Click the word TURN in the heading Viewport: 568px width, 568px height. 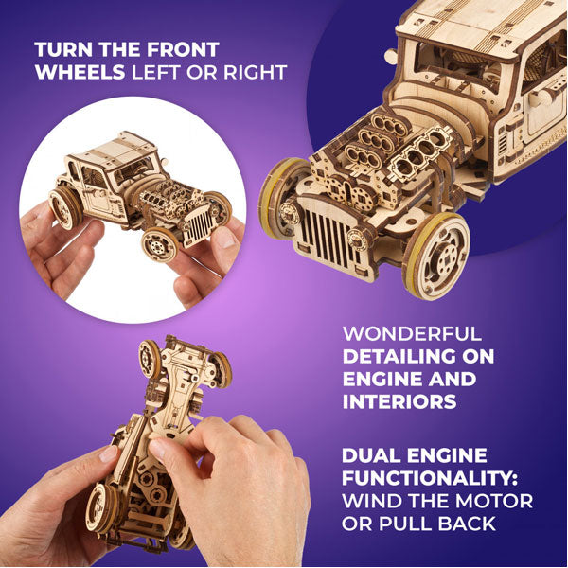pyautogui.click(x=59, y=49)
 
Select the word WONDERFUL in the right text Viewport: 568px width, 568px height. pyautogui.click(x=411, y=334)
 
